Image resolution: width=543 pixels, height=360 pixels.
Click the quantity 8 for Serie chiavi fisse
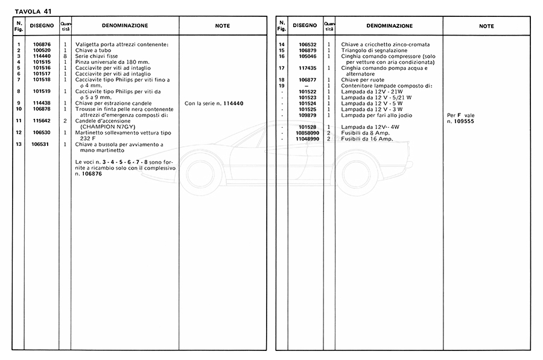[x=65, y=56]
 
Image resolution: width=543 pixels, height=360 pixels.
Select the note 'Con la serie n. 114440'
[x=214, y=104]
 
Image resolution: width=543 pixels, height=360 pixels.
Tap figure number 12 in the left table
[x=19, y=133]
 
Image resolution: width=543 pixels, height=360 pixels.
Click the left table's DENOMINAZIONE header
[x=125, y=26]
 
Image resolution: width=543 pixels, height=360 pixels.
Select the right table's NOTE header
[x=486, y=26]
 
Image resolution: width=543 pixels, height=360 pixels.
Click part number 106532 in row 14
[x=307, y=45]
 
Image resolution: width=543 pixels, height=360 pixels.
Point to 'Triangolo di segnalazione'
[x=374, y=51]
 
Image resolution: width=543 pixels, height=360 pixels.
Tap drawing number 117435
[x=307, y=68]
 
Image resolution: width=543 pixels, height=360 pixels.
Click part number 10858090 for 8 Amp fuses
[x=307, y=133]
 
